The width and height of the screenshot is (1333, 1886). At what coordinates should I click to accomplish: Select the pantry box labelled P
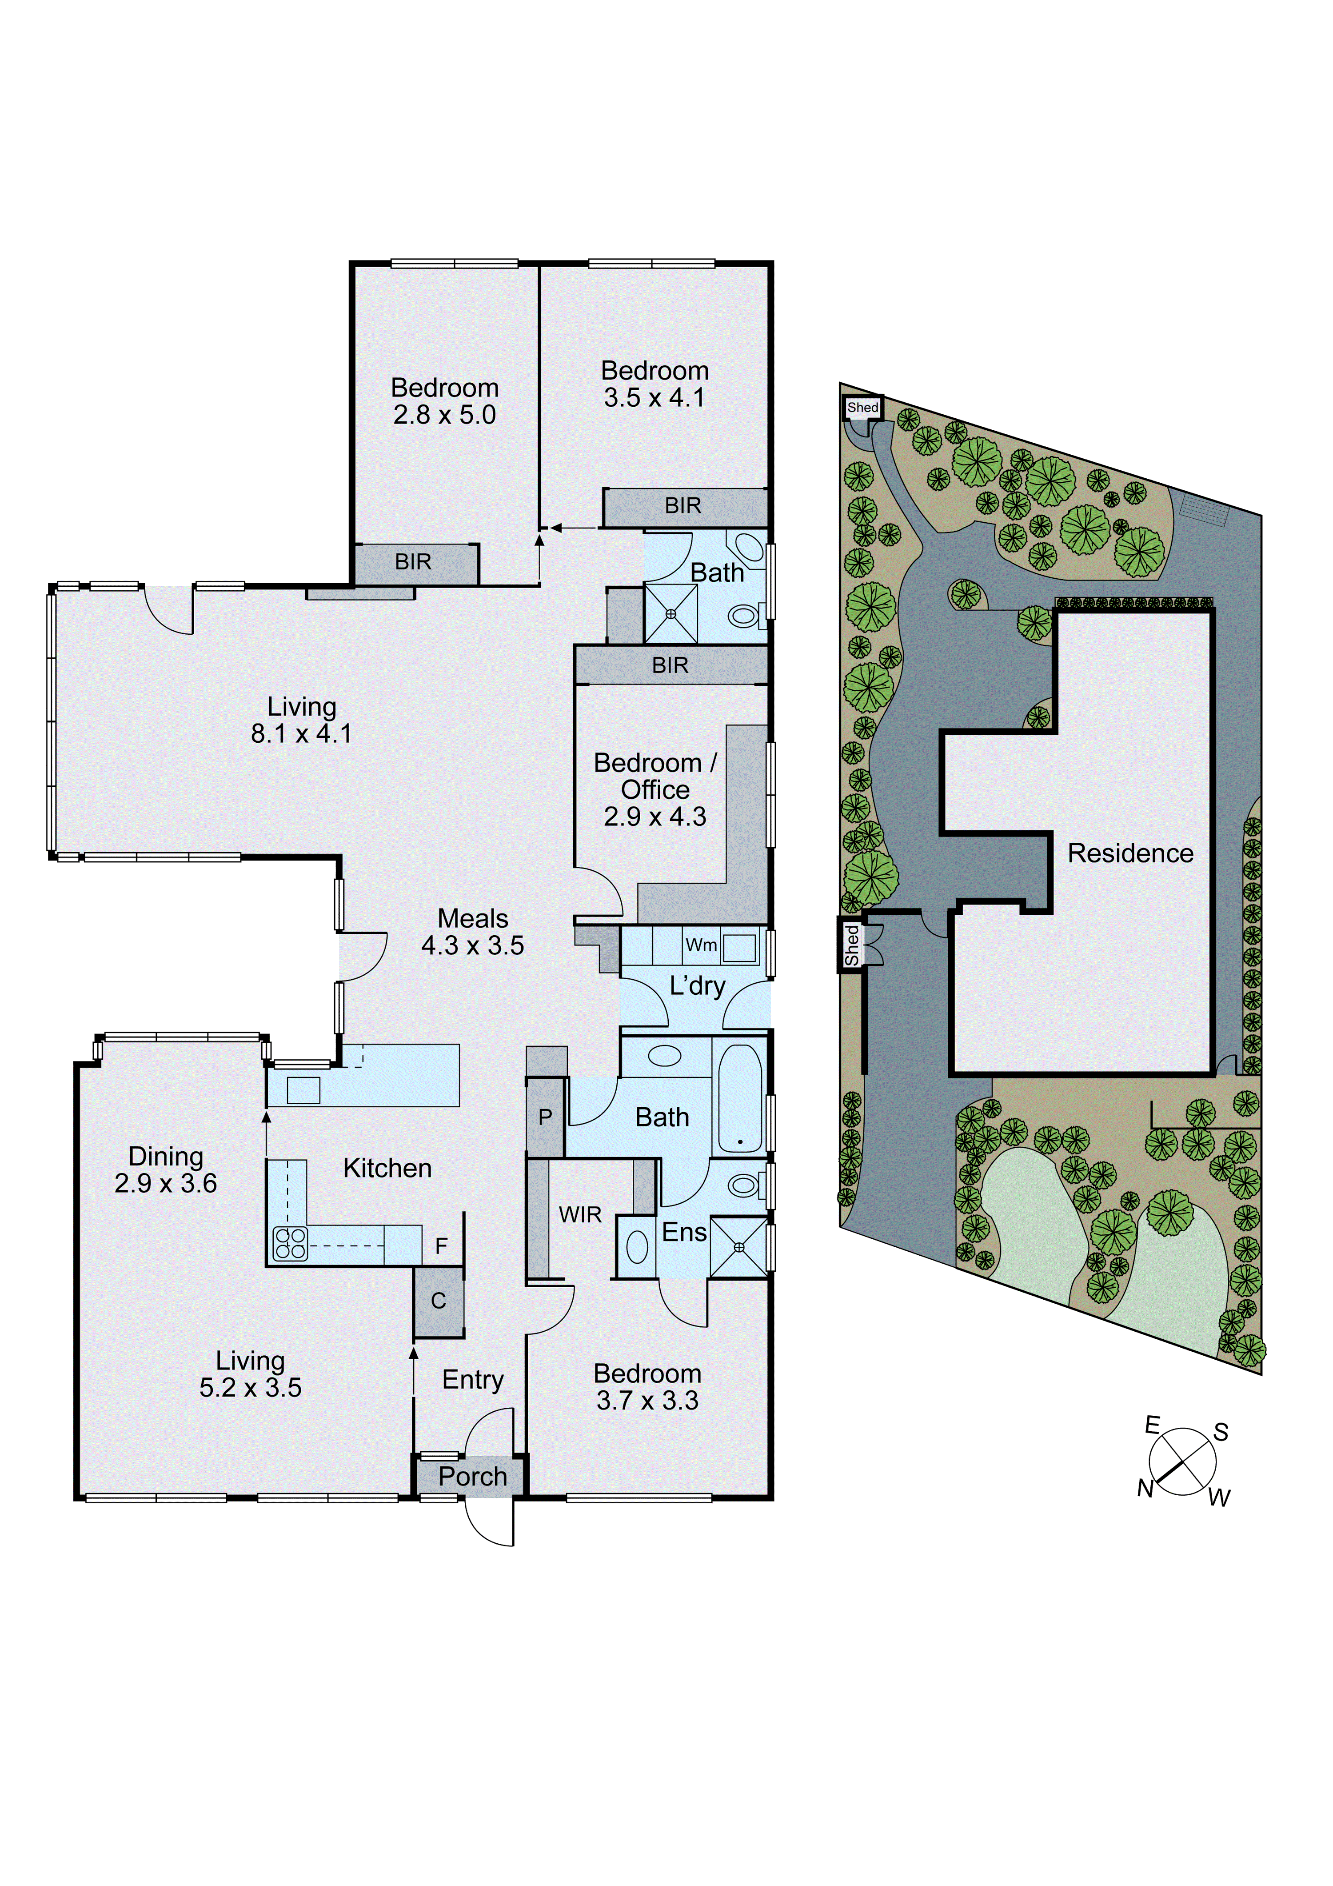click(545, 1117)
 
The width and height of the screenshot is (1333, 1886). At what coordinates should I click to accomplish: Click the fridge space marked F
click(442, 1246)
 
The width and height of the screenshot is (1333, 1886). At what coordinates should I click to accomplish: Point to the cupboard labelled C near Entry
click(439, 1300)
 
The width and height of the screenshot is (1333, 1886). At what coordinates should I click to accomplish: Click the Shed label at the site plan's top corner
click(862, 408)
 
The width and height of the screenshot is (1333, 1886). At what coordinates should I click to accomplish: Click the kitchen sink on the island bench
click(303, 1090)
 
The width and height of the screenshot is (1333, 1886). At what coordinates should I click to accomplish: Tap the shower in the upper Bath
click(670, 613)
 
